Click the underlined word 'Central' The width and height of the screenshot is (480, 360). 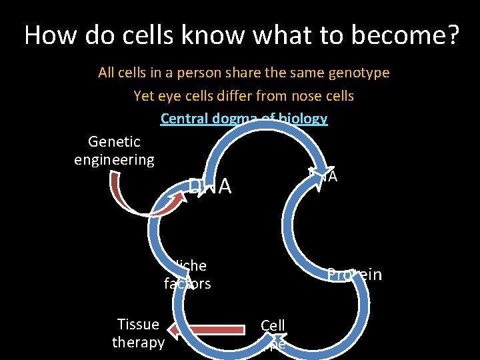pyautogui.click(x=183, y=119)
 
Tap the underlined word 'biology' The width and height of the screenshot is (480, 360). pyautogui.click(x=303, y=119)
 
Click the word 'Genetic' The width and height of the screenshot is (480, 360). pyautogui.click(x=114, y=141)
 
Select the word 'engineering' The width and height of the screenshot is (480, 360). pyautogui.click(x=114, y=160)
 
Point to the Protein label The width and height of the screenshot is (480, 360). pyautogui.click(x=354, y=275)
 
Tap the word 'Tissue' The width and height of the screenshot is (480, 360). pyautogui.click(x=138, y=325)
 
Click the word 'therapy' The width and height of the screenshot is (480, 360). pyautogui.click(x=138, y=343)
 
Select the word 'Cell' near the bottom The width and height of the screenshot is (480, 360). pyautogui.click(x=273, y=325)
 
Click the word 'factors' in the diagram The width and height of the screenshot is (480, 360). pyautogui.click(x=187, y=284)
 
